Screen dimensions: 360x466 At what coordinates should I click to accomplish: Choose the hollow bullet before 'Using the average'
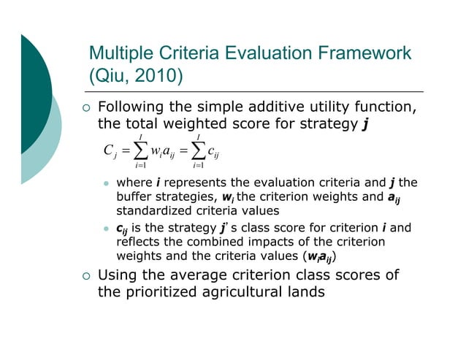pyautogui.click(x=85, y=277)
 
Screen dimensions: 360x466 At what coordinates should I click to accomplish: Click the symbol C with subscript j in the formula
pyautogui.click(x=111, y=152)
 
